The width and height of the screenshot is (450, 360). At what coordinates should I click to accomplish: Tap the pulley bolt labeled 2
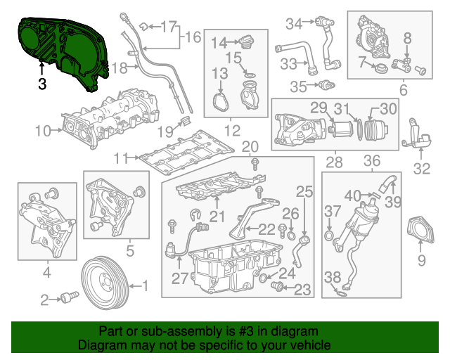(x=68, y=298)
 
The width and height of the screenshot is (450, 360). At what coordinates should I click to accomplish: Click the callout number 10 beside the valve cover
(x=43, y=130)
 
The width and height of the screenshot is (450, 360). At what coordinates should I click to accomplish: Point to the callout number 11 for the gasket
(x=122, y=159)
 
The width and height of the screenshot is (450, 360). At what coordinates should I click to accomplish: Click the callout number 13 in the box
(x=219, y=73)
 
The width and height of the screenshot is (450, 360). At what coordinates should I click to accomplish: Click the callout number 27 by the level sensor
(x=179, y=278)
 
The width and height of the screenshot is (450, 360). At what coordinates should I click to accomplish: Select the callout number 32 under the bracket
(x=421, y=168)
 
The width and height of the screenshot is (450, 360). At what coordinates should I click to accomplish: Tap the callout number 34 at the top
(x=293, y=24)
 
